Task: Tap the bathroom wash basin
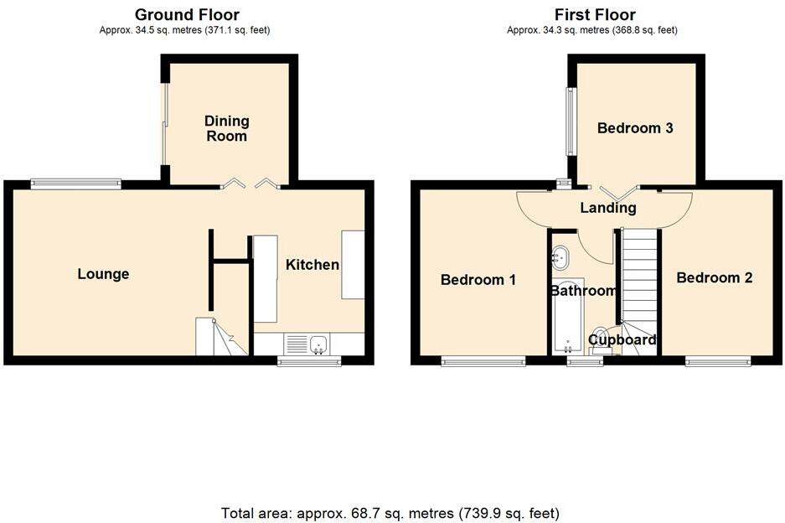560,256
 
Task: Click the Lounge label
103,274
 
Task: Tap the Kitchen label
312,265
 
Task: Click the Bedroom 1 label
478,279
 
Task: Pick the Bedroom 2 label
715,277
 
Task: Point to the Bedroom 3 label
635,128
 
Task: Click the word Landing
607,208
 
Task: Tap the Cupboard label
622,339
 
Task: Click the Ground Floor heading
187,14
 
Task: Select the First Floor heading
595,14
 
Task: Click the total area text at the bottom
390,512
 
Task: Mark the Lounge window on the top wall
75,182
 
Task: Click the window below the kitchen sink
309,362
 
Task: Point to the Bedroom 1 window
483,362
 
